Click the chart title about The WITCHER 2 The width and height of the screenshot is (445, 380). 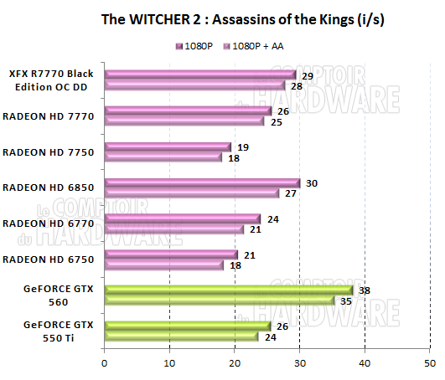(x=221, y=17)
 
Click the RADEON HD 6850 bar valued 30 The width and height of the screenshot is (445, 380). (x=202, y=183)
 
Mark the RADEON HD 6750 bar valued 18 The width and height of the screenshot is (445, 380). (x=163, y=264)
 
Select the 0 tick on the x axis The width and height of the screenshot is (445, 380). (x=104, y=363)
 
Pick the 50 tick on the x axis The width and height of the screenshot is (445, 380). (x=430, y=363)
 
